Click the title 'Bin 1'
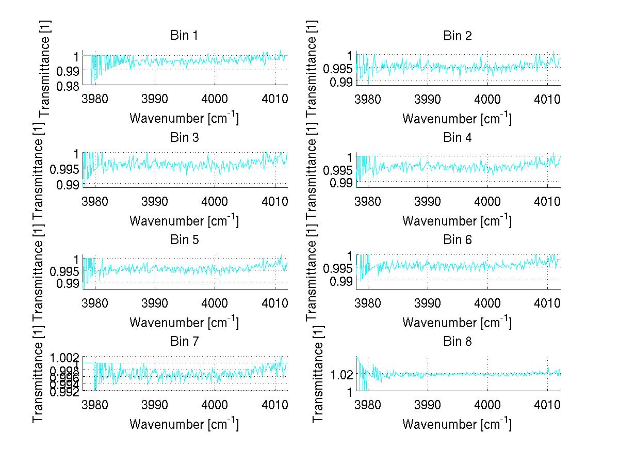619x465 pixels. pos(184,36)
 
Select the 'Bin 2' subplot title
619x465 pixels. pos(457,36)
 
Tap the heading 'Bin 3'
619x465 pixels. pos(184,137)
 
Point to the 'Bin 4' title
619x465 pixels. pos(457,137)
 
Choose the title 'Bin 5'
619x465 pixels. pos(184,239)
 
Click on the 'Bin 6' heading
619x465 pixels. pos(457,239)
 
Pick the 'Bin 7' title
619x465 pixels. pos(184,341)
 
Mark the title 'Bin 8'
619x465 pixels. pos(457,341)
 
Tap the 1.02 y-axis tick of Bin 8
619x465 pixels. pos(341,374)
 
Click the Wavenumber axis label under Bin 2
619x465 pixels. pos(457,118)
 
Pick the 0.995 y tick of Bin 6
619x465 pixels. pos(337,268)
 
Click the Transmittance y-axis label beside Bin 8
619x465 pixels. pos(318,374)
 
